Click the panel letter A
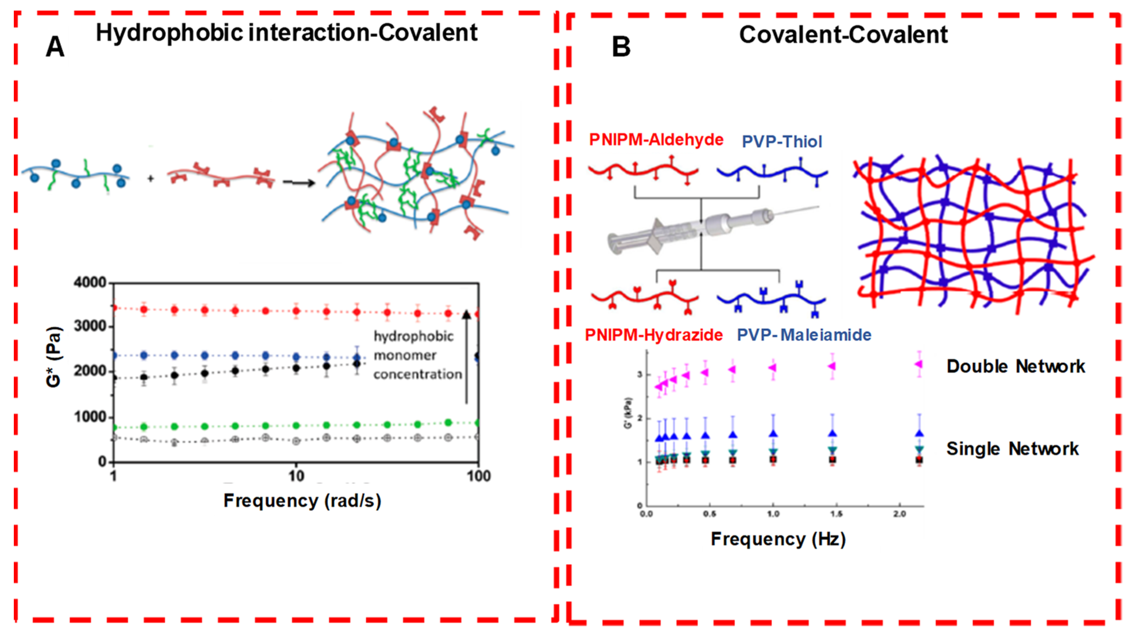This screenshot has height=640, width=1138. [55, 47]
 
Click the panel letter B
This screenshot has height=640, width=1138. [621, 47]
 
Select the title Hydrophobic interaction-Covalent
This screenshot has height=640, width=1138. [287, 33]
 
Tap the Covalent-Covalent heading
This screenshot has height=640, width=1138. [843, 34]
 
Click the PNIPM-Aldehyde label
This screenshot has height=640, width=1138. [656, 140]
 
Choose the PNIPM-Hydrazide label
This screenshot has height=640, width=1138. [654, 335]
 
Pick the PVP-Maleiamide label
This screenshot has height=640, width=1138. [804, 335]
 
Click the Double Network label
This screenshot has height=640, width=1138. [1015, 366]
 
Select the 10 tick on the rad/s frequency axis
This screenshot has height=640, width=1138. [296, 476]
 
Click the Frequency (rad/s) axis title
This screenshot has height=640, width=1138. [302, 501]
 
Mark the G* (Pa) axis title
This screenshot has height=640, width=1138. [54, 357]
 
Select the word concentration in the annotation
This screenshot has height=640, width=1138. [417, 374]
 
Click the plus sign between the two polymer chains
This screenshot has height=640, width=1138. [151, 179]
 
